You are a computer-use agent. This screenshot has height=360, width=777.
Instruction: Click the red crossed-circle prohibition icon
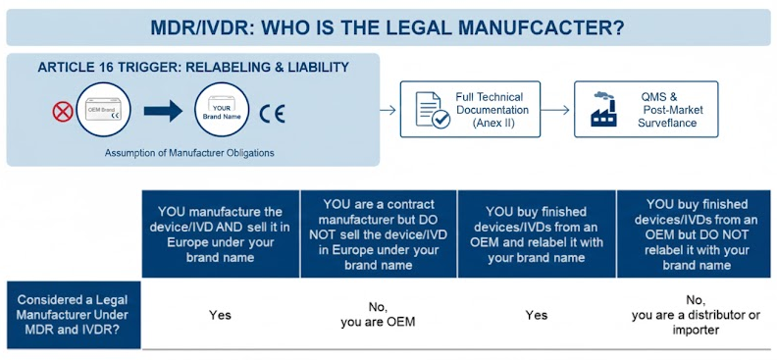(x=63, y=111)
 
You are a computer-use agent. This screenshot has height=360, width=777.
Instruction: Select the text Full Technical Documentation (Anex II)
(x=492, y=110)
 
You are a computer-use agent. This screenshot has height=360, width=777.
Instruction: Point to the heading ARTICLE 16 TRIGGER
(x=193, y=67)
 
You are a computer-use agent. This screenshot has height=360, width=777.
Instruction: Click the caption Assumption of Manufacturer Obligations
(x=190, y=153)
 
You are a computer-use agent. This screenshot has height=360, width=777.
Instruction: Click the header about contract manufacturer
(x=381, y=233)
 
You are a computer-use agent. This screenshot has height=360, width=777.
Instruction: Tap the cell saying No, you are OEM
(x=381, y=315)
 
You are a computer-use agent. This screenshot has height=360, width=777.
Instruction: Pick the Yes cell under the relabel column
(x=537, y=315)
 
